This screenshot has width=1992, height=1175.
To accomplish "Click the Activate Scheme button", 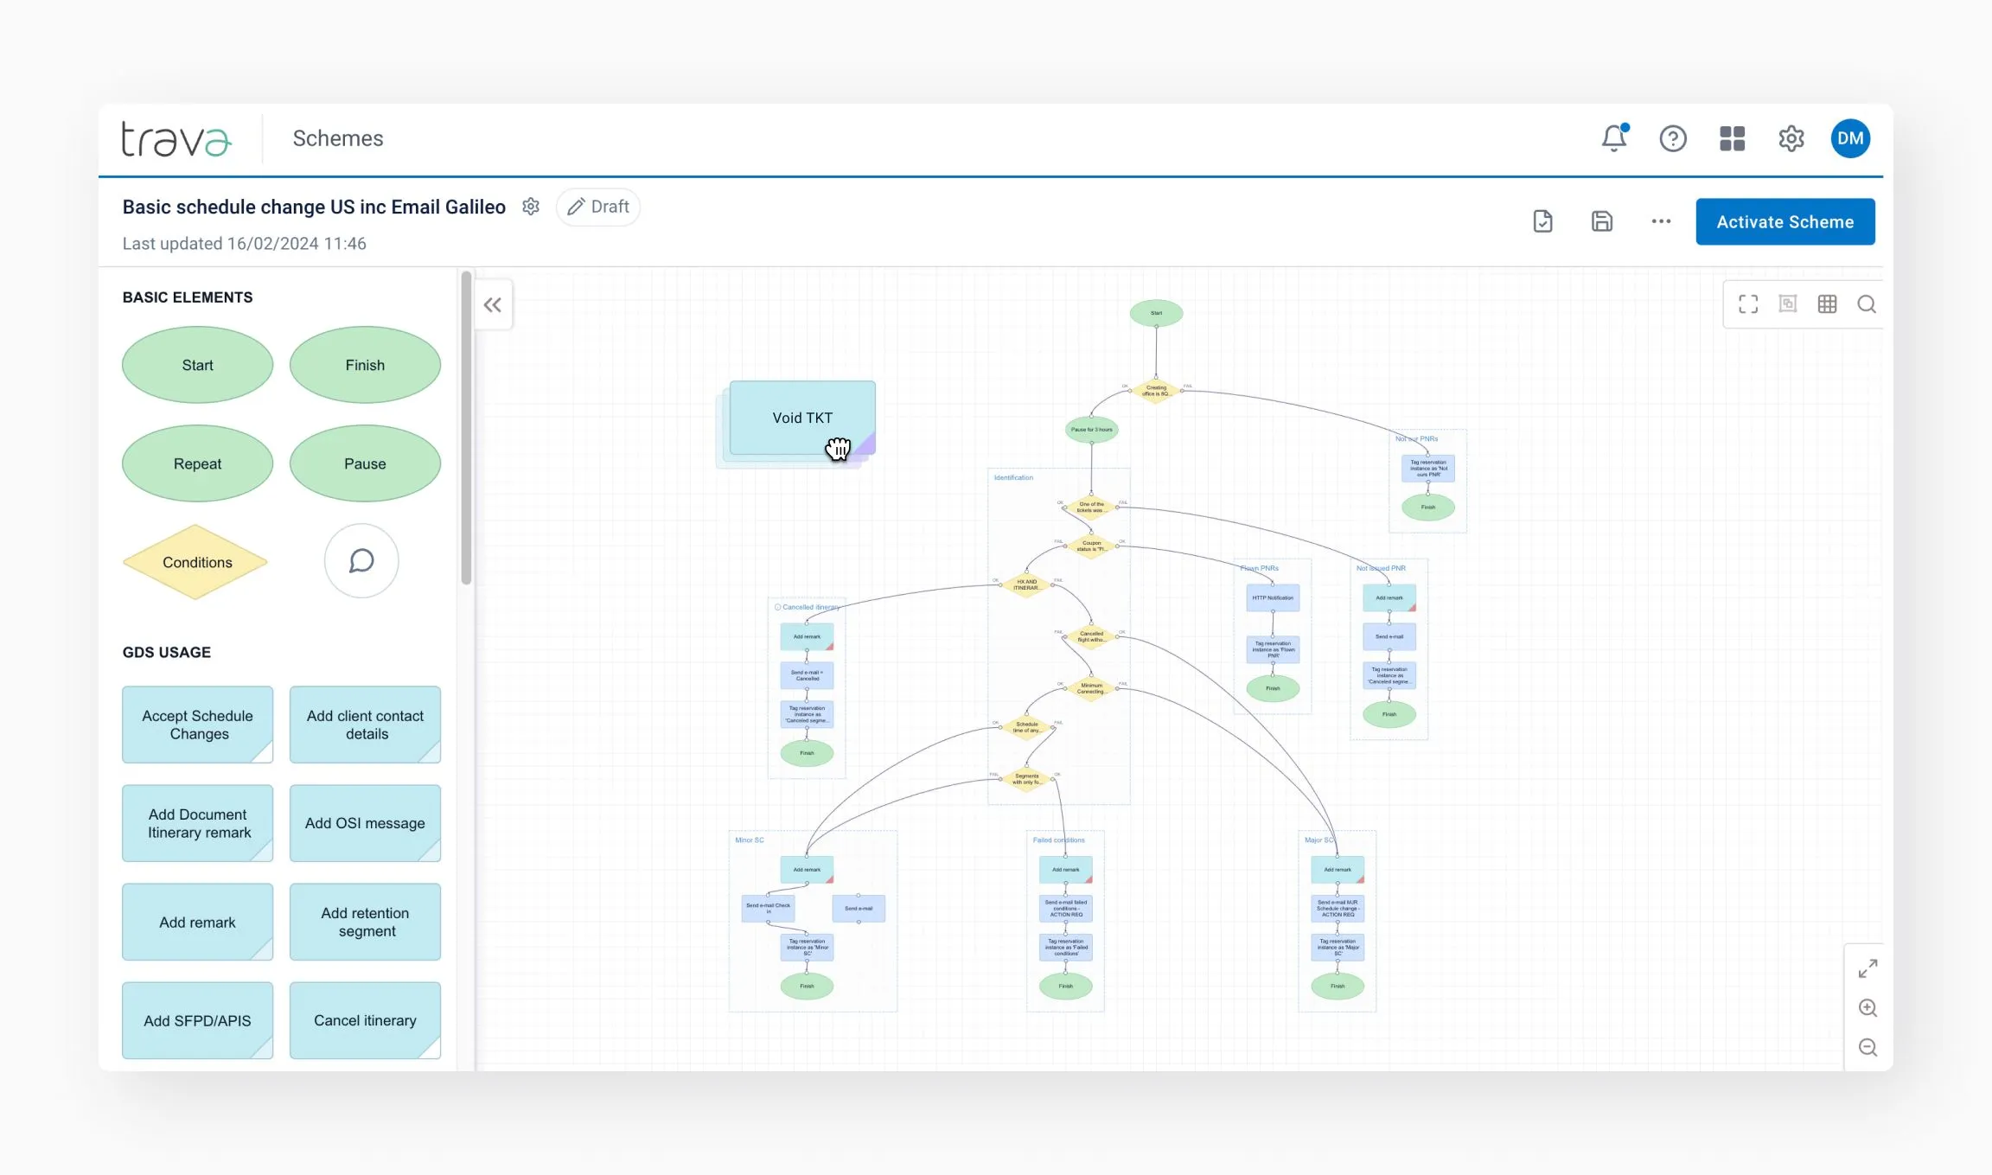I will coord(1784,222).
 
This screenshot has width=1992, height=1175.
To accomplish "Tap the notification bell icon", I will coord(1613,138).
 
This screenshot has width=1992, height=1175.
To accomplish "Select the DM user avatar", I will coord(1850,138).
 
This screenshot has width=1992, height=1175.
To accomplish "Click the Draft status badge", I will coord(598,208).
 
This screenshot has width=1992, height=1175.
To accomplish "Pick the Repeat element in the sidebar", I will coord(197,463).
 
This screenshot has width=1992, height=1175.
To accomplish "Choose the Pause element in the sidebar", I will coord(365,463).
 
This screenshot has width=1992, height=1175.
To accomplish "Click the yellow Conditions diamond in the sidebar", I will coord(196,562).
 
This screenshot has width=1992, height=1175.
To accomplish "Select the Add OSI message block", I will coord(365,823).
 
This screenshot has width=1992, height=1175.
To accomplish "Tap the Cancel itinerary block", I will coord(365,1020).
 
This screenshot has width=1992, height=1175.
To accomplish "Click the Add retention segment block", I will coord(365,922).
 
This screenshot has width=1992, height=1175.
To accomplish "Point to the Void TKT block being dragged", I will coord(801,418).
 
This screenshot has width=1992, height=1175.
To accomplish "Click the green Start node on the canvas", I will coord(1156,313).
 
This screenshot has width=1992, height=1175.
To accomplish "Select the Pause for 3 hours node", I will coord(1091,430).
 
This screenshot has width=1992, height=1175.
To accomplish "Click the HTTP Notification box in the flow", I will coord(1273,597).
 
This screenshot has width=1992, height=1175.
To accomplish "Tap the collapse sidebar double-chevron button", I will coord(493,305).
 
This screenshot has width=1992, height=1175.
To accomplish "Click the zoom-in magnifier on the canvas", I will coord(1867,1008).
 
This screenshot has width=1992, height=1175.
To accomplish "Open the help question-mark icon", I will coord(1673,138).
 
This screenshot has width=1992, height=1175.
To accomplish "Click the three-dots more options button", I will coord(1661,221).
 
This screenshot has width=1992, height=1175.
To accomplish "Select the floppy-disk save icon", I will coord(1601,221).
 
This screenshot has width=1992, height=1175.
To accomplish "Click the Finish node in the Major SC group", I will coord(1338,986).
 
